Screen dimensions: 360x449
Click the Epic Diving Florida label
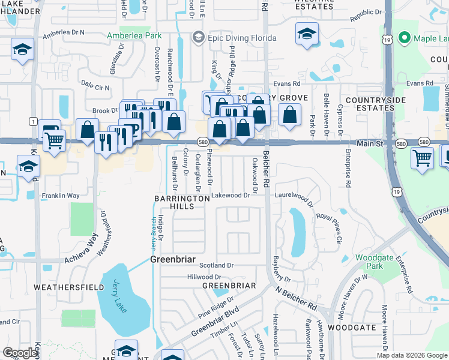242,38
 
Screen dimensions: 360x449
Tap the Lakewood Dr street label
230,196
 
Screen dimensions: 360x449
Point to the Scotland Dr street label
216,265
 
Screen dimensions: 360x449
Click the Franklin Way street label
60,196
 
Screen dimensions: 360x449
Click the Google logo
20,353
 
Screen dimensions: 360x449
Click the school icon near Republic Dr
307,34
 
